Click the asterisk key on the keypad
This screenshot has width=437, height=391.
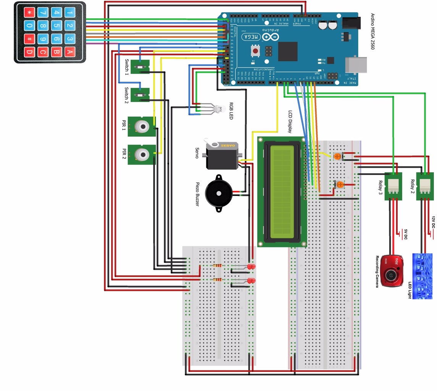click(29, 13)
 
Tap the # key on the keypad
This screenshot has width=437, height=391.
click(29, 39)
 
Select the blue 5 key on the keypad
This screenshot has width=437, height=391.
click(56, 26)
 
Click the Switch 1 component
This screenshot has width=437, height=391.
click(140, 67)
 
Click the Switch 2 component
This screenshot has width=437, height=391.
click(140, 95)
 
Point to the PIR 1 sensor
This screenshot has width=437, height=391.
click(142, 126)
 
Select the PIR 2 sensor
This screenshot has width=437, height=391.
click(142, 154)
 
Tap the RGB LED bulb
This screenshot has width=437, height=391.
click(218, 110)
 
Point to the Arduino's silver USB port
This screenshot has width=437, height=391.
click(356, 65)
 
